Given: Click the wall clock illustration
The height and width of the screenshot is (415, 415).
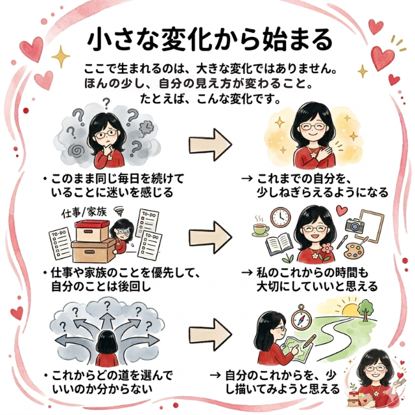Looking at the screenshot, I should point(280,217).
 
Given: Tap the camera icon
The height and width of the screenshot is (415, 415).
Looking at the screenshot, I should point(355,225).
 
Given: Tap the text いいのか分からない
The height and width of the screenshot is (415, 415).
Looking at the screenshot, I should point(101,388).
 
